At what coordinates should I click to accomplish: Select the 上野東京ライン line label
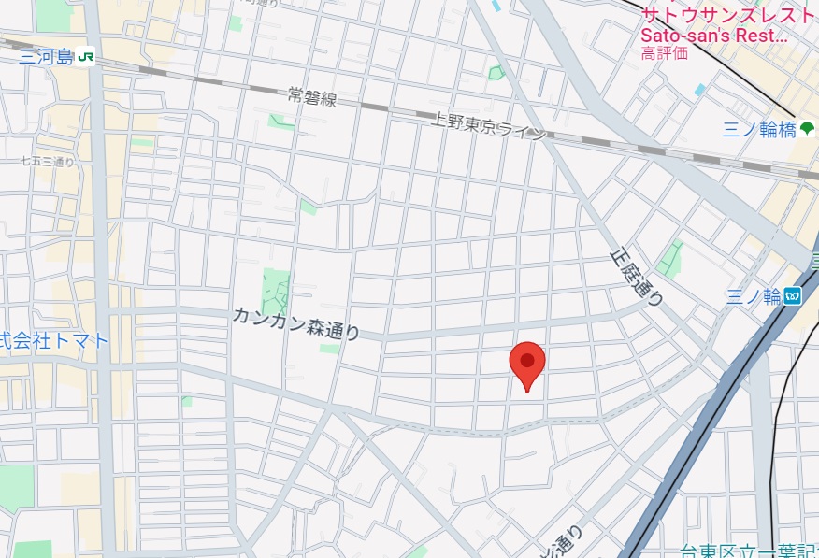tap(488, 126)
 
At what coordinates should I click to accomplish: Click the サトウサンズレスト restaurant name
tap(728, 15)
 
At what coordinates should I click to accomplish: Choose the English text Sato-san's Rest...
tap(714, 36)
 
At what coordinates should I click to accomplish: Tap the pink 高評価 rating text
tap(664, 53)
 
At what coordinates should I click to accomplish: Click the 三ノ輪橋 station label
tap(758, 130)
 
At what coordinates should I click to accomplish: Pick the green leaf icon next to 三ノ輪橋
tap(808, 128)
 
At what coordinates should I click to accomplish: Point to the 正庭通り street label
tap(636, 275)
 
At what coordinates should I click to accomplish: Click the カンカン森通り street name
tap(296, 323)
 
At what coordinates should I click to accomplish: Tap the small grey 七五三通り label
tap(48, 162)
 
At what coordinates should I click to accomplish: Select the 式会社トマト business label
tap(53, 340)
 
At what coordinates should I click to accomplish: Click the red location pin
tap(527, 365)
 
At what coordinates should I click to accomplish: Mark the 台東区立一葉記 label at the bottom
tap(749, 551)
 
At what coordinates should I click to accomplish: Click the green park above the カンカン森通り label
tap(276, 289)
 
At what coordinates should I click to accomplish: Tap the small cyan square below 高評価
tap(700, 90)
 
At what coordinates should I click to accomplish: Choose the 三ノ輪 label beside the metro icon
tap(753, 297)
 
